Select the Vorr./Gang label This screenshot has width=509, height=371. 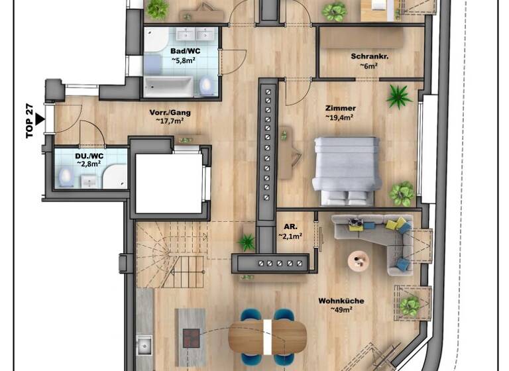166,112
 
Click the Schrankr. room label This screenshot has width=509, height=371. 368,56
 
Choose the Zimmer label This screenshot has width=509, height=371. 340,108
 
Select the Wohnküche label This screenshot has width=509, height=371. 341,300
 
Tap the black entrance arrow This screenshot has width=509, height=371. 40,119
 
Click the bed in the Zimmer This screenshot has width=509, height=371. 347,170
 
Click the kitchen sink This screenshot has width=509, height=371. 144,344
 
